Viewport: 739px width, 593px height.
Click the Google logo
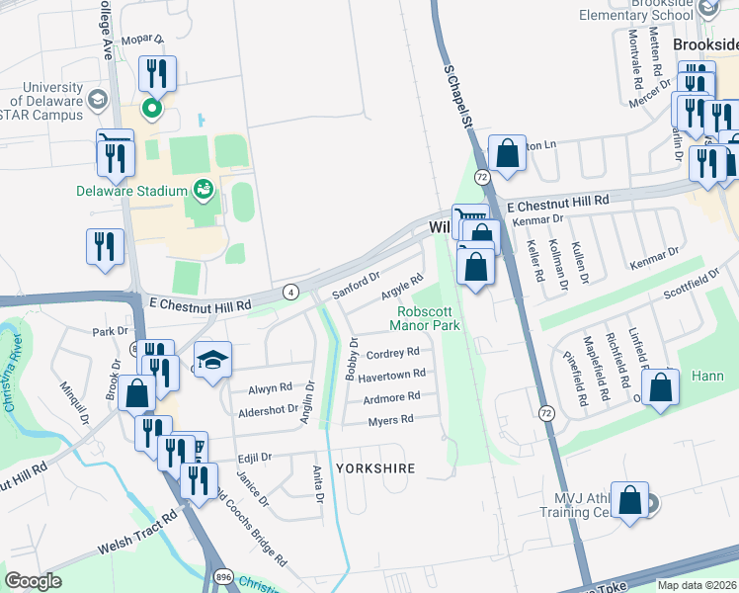click(33, 581)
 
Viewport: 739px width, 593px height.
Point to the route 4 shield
click(290, 292)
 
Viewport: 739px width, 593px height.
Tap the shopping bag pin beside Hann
click(661, 387)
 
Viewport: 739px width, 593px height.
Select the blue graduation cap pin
click(212, 362)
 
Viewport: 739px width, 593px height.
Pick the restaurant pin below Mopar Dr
click(157, 74)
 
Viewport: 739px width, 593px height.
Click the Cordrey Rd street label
click(392, 352)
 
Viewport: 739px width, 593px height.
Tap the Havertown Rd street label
click(392, 374)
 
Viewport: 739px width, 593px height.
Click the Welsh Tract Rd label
click(136, 531)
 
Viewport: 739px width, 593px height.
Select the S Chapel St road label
click(458, 97)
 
